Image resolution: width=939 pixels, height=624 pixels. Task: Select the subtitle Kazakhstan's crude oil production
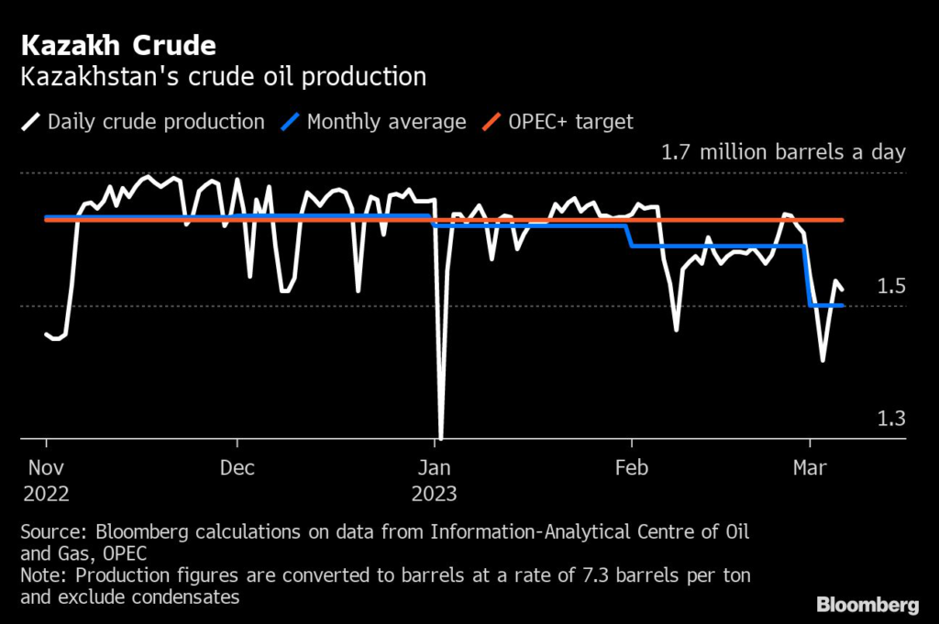(x=223, y=76)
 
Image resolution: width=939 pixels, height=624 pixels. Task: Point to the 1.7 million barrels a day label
(x=783, y=152)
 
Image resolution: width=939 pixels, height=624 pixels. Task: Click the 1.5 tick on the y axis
(x=891, y=287)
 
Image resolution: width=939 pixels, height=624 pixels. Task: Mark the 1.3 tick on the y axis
(x=891, y=419)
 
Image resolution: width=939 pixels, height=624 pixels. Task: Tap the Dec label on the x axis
(x=237, y=467)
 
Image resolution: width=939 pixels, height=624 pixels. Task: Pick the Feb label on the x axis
(x=631, y=467)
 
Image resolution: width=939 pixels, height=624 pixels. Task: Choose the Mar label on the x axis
(x=809, y=467)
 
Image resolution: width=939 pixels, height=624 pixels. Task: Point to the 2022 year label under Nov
(x=46, y=493)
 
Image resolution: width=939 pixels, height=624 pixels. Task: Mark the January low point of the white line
(x=441, y=438)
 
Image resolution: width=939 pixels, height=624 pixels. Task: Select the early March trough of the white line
(x=823, y=360)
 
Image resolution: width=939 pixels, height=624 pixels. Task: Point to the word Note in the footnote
(x=42, y=575)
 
